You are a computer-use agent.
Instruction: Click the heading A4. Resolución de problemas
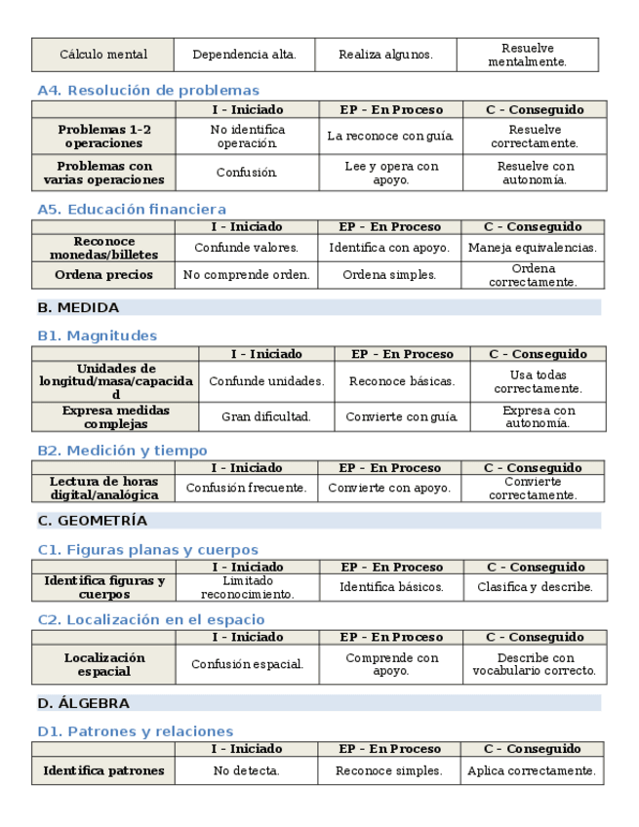coord(148,91)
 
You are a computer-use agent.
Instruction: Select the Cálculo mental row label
coord(103,55)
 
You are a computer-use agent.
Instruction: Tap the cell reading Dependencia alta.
coord(244,55)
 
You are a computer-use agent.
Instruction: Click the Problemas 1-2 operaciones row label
coord(104,136)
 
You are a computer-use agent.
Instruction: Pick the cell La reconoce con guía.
coord(390,137)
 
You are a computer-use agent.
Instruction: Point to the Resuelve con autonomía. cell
coord(534,173)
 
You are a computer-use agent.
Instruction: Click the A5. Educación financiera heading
coord(132,209)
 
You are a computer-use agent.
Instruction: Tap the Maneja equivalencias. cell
coord(532,248)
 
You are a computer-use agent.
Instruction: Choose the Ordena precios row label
coord(104,275)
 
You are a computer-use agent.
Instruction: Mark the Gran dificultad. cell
coord(265,416)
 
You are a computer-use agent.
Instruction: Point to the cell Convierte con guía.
coord(402,416)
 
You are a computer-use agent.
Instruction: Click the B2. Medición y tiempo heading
coord(122,451)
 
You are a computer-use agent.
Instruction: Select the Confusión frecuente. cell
coord(246,488)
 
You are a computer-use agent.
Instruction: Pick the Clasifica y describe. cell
coord(535,587)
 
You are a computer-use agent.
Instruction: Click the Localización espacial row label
coord(104,664)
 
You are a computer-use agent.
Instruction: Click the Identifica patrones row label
coord(103,770)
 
